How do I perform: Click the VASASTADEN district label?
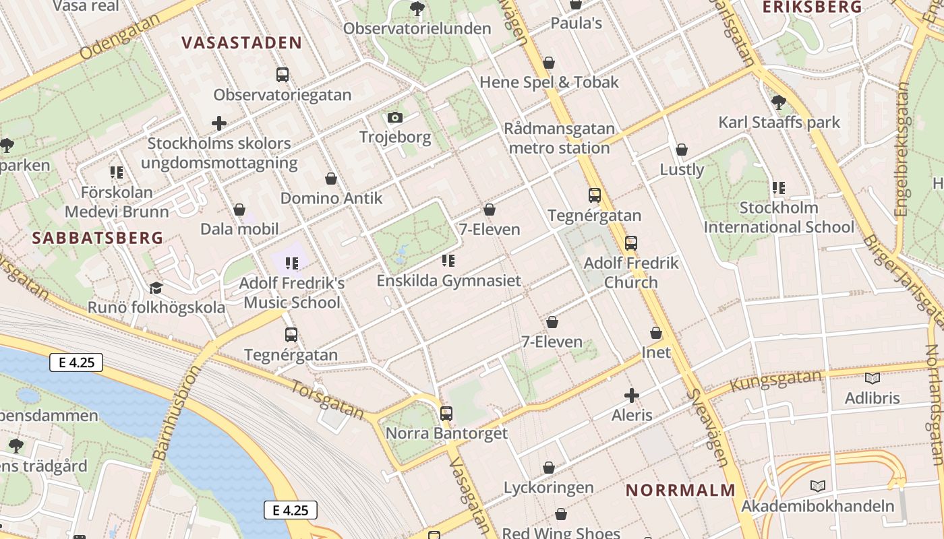pos(241,43)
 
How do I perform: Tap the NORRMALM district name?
pos(680,490)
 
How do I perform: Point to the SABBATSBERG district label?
pos(98,237)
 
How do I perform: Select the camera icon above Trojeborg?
pos(395,118)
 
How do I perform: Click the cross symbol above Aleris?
pos(632,395)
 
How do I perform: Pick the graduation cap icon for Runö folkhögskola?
pos(156,288)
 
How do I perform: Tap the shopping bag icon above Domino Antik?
pos(331,179)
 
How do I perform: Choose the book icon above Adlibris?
pos(872,379)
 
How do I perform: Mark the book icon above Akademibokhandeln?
pos(818,486)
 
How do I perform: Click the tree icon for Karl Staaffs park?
pos(779,102)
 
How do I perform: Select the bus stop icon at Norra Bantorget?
pos(446,413)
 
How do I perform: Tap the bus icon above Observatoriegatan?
pos(283,75)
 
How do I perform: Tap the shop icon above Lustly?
pos(682,150)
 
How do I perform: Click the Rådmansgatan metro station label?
pos(560,138)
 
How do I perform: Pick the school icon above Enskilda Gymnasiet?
pos(448,261)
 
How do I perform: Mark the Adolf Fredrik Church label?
pos(630,272)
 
